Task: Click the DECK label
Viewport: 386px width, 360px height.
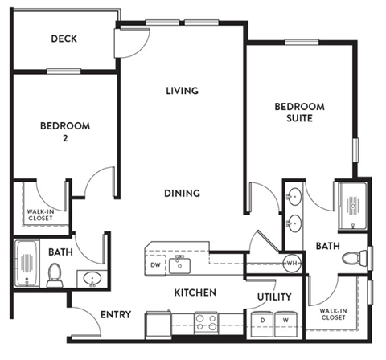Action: tap(64, 38)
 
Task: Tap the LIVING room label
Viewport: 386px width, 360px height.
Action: tap(182, 90)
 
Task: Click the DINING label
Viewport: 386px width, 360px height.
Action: tap(182, 193)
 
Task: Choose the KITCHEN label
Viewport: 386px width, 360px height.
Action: tap(195, 292)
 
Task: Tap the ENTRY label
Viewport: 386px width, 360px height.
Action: tap(116, 315)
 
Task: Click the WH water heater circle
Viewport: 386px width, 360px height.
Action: tap(293, 263)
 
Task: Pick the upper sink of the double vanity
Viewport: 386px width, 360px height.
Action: tap(294, 196)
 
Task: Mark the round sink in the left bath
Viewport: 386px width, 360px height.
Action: tap(91, 279)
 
